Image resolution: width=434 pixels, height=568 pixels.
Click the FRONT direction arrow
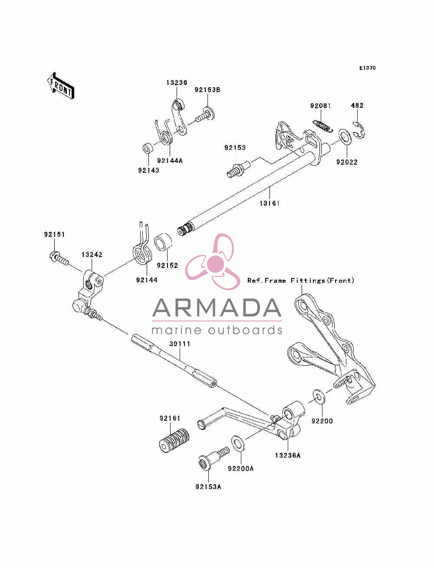click(x=61, y=86)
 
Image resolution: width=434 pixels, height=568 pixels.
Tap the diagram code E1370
click(x=367, y=68)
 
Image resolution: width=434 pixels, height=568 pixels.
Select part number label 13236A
click(x=288, y=455)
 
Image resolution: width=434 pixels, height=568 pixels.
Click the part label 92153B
click(x=207, y=90)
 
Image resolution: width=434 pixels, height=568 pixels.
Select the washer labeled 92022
click(x=345, y=136)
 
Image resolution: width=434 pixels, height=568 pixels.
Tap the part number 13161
click(x=269, y=203)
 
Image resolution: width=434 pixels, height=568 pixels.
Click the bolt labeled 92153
click(x=238, y=169)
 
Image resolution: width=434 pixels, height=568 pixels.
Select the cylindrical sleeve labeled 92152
click(x=163, y=242)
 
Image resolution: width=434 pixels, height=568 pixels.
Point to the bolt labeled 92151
click(x=59, y=259)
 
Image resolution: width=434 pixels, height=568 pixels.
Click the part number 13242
click(x=92, y=254)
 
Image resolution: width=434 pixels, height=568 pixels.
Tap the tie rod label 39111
click(x=180, y=344)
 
